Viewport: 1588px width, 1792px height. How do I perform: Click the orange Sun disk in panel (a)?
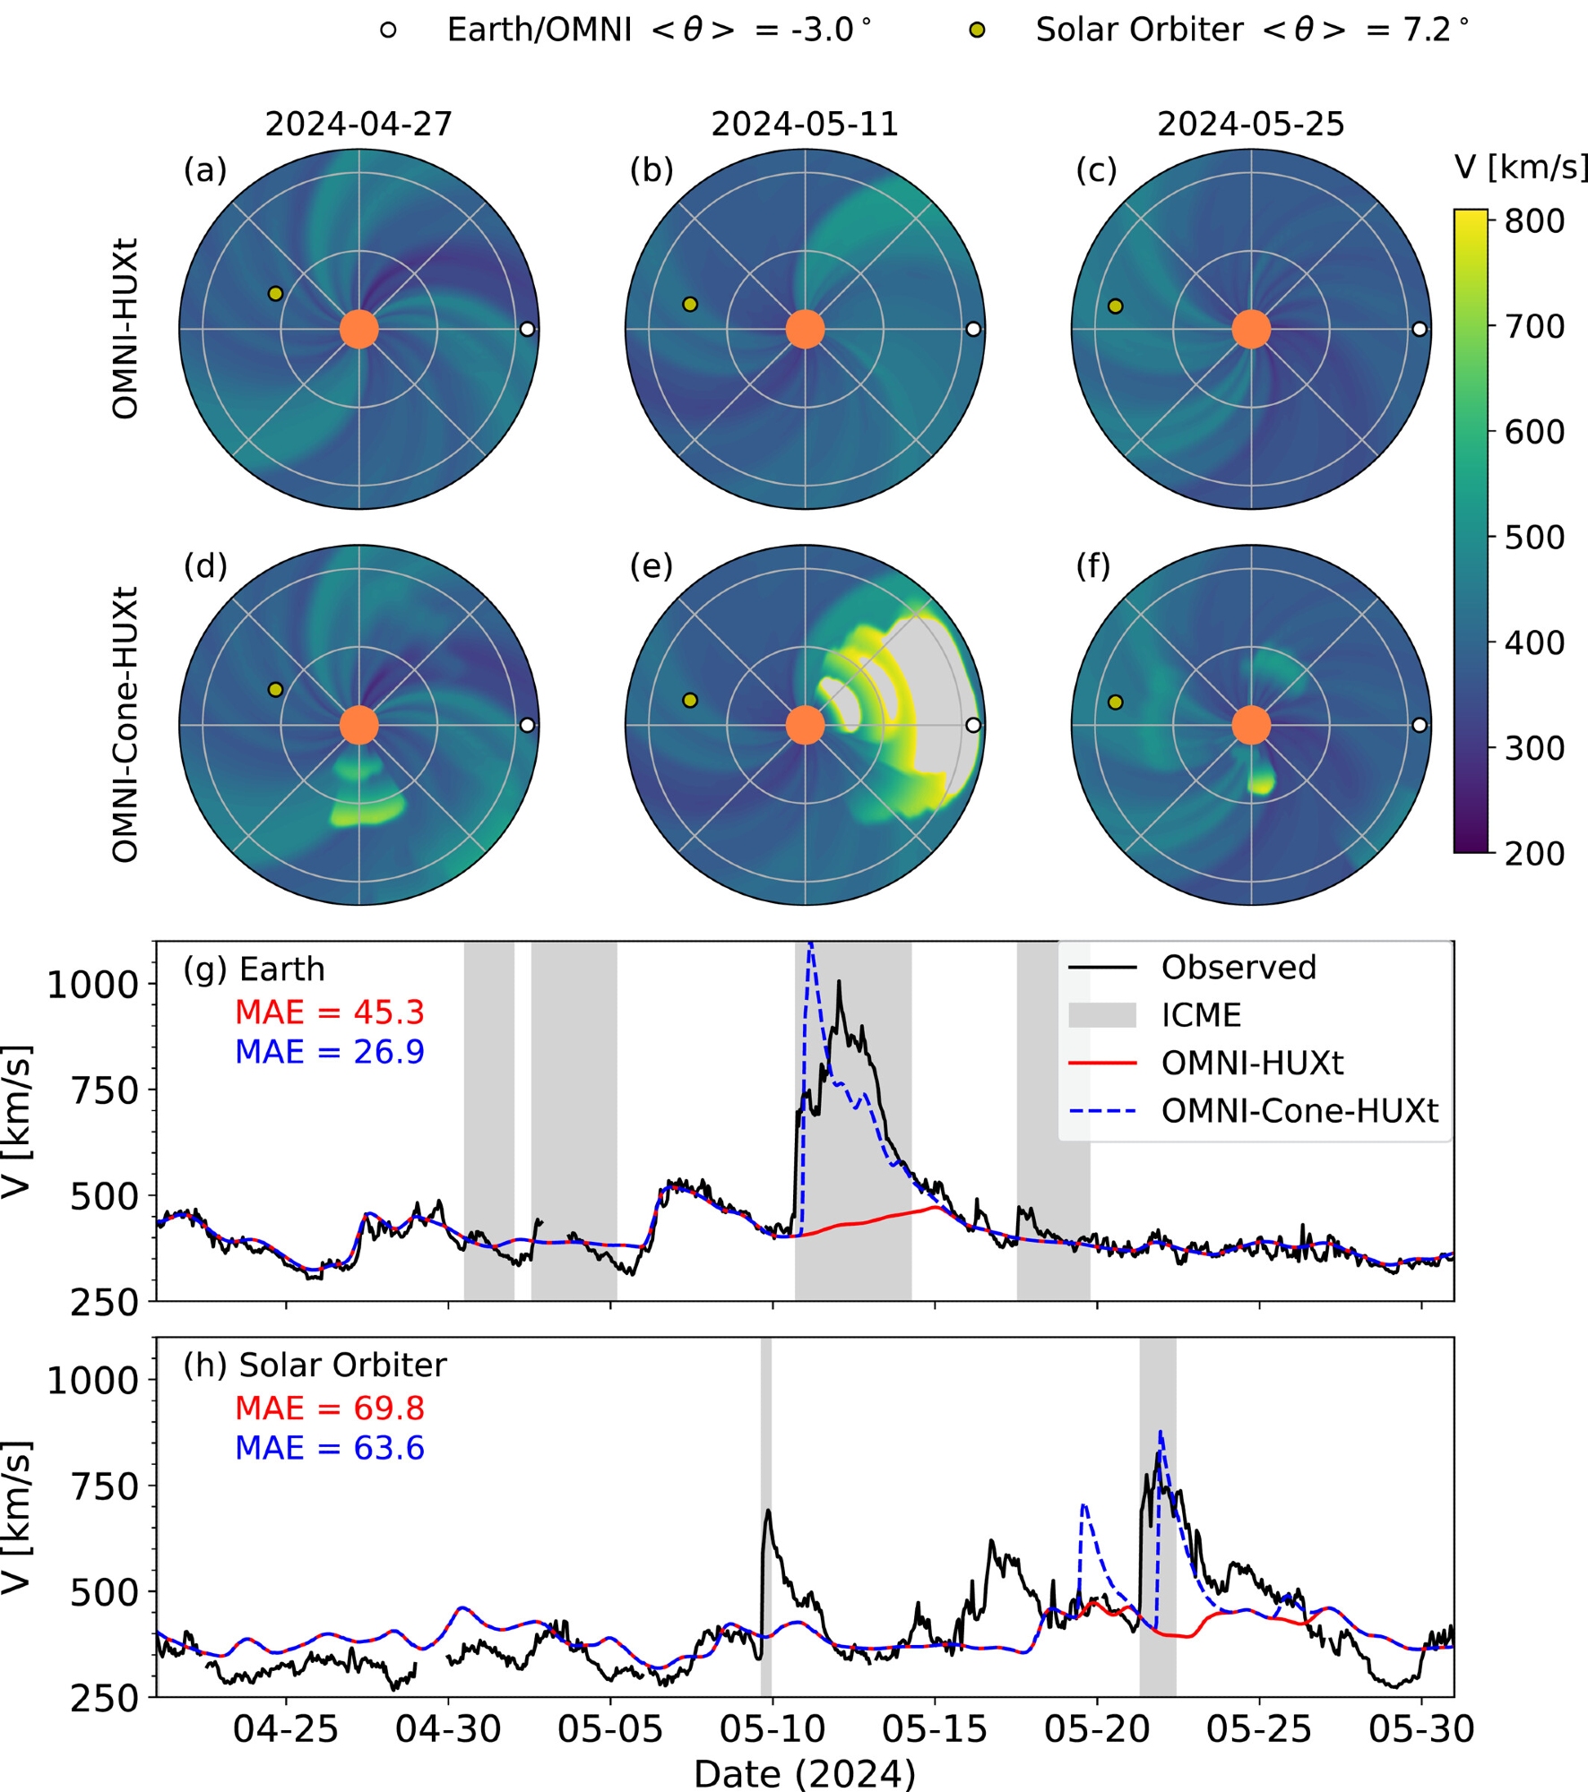(359, 329)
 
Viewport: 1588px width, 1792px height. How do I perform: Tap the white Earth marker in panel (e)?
(973, 725)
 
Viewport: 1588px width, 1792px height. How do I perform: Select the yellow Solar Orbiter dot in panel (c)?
(1115, 306)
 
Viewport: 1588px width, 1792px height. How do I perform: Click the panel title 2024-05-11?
(805, 124)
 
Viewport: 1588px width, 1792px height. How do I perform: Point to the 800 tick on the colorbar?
(1534, 221)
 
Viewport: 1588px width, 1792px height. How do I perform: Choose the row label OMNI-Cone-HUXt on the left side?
(125, 725)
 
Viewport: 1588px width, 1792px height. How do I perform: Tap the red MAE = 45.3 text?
(329, 1012)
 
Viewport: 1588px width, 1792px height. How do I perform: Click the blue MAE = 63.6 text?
(329, 1448)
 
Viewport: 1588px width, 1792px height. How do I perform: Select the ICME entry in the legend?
(1201, 1015)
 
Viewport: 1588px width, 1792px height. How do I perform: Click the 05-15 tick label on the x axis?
(935, 1729)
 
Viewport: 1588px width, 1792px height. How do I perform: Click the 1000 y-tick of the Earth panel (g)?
(91, 985)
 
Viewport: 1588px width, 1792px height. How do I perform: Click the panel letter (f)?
(1092, 566)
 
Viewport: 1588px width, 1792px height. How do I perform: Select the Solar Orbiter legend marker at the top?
(978, 30)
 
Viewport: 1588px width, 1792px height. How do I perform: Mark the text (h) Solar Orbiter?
(315, 1366)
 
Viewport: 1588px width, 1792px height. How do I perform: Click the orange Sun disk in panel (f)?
(1251, 725)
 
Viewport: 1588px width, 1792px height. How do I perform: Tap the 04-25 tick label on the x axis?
(286, 1729)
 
